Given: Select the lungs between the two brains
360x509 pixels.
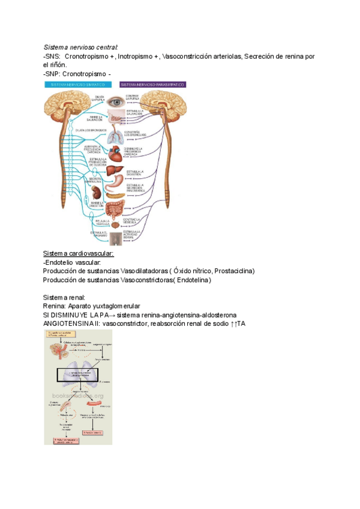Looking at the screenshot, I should (x=115, y=136).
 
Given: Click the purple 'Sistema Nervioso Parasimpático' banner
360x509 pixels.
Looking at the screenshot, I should (x=152, y=85).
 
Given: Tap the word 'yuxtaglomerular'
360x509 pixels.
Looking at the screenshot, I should (x=113, y=306).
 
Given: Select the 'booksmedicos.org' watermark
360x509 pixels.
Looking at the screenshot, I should (x=78, y=396).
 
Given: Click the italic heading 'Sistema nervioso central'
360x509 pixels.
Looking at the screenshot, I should (x=80, y=47).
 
